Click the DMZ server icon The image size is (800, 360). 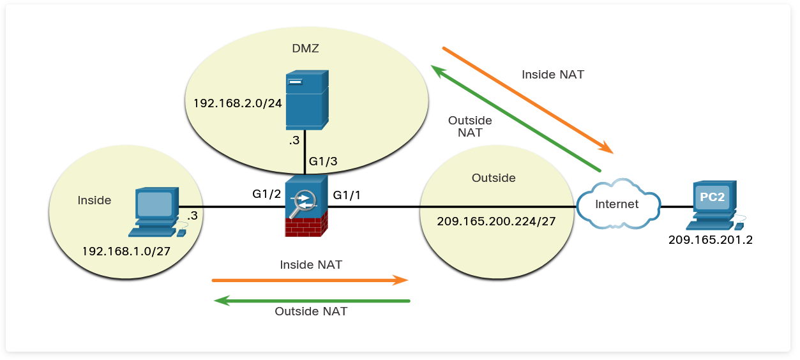point(306,100)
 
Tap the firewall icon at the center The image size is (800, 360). point(306,206)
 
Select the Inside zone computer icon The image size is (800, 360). point(156,211)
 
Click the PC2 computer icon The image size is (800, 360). point(711,205)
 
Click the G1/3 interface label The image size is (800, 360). point(323,161)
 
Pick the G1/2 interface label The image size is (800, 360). point(267,194)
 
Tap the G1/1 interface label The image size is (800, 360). point(347,194)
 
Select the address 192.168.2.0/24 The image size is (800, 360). point(238,103)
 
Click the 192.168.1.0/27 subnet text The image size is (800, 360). point(125,251)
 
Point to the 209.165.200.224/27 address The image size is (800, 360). point(495,221)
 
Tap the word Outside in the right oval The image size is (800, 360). point(493,178)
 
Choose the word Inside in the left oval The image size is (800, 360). point(94,200)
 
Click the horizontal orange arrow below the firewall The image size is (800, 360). point(310,280)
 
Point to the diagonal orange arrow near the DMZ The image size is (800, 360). point(527,100)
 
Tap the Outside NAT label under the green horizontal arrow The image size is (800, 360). point(311,311)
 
